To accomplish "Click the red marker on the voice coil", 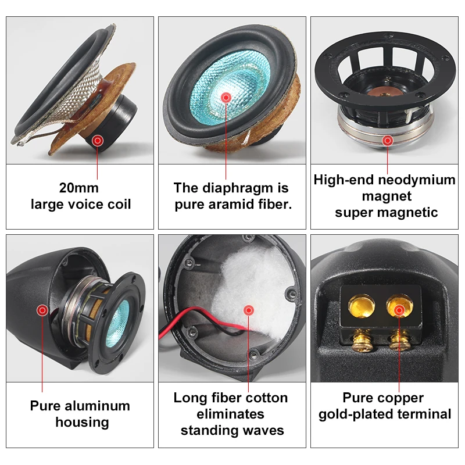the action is point(98,140).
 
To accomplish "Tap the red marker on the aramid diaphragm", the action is point(226,97).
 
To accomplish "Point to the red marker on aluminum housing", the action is point(42,310).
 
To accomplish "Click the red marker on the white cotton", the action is point(249,310).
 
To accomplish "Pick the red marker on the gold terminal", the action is point(399,310).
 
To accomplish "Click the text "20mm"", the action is point(79,188).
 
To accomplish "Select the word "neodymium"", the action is point(419,180).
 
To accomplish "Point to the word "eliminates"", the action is point(231,414).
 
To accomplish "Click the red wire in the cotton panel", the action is point(195,319).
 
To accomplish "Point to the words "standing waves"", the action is point(232,430).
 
